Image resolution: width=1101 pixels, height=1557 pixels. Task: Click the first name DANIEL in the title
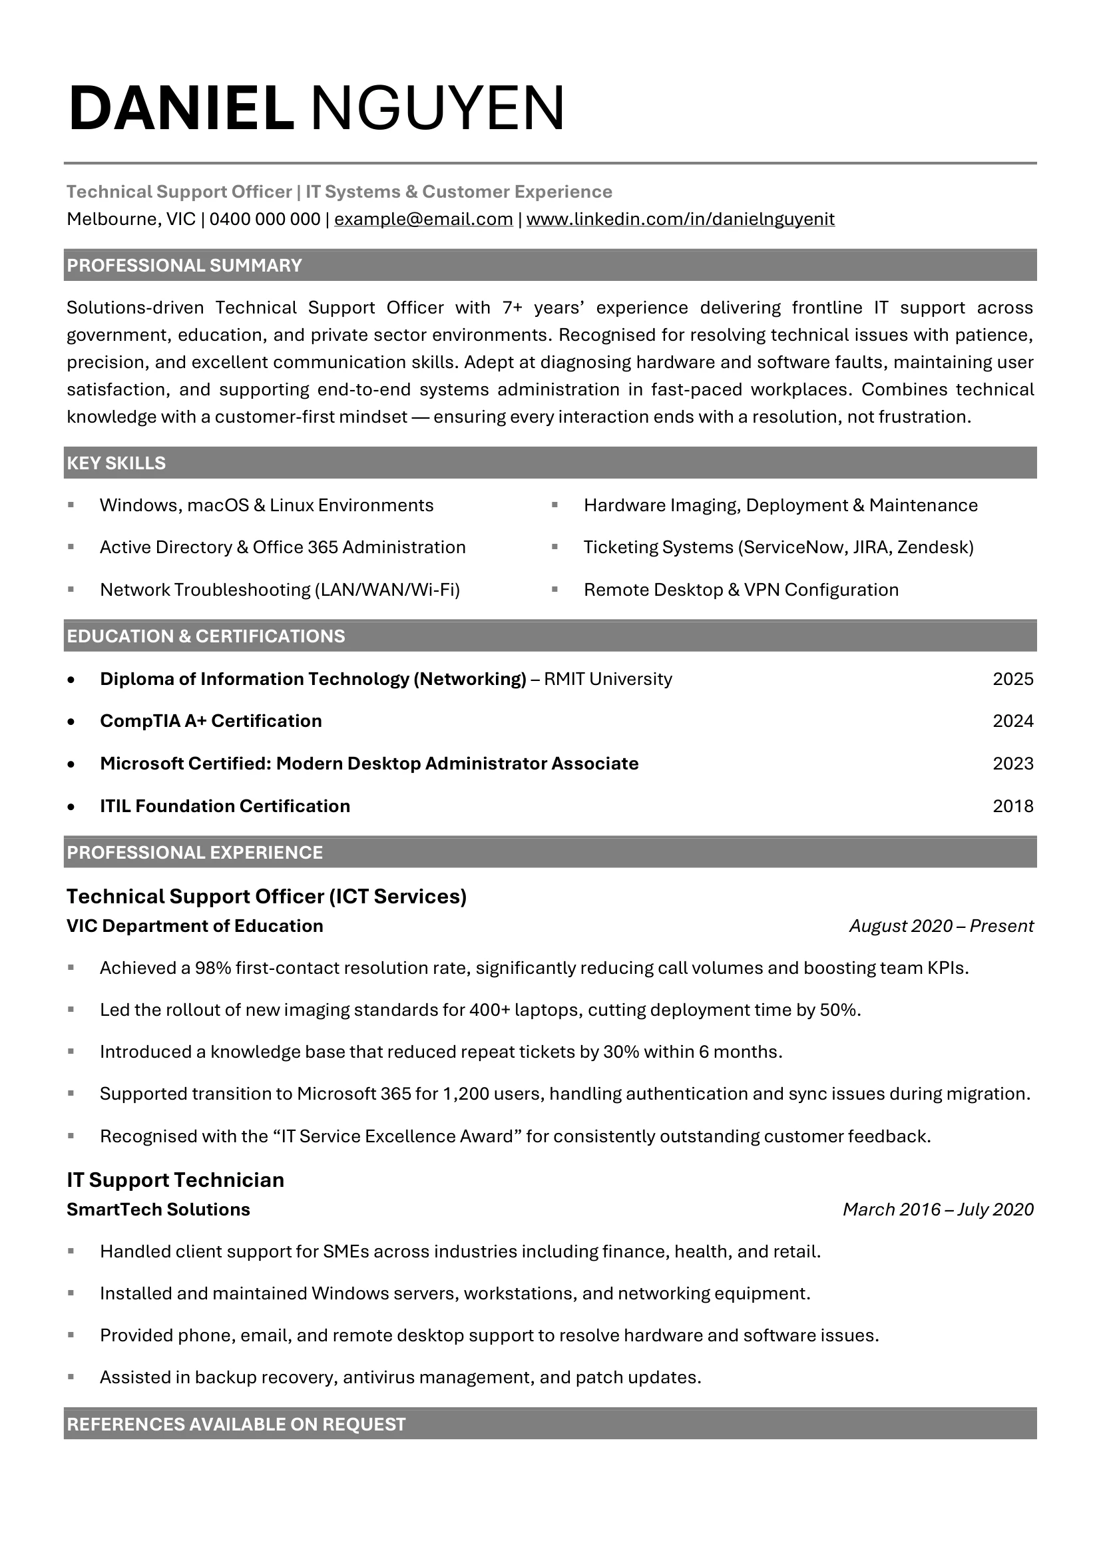coord(181,109)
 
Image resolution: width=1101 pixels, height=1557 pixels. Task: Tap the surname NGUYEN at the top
coord(437,109)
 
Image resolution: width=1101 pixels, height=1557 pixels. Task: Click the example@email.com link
coord(423,219)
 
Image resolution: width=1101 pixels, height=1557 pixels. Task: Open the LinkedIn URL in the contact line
coord(680,219)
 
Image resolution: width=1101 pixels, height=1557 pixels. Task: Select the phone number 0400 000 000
coord(264,219)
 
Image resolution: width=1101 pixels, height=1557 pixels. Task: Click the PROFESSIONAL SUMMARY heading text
coord(184,265)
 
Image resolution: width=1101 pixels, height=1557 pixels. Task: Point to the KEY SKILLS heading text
coord(116,463)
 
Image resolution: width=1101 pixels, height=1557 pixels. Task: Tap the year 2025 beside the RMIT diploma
coord(1013,679)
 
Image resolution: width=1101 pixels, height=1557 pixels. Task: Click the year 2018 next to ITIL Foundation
coord(1013,805)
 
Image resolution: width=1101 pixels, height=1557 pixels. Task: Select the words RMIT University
coord(608,679)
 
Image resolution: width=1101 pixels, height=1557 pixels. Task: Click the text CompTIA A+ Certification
coord(211,721)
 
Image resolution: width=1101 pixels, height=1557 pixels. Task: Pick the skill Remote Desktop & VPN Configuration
coord(741,589)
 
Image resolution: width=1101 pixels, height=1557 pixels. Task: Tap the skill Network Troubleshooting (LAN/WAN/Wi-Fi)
coord(280,589)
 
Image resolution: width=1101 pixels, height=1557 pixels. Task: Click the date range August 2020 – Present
coord(941,926)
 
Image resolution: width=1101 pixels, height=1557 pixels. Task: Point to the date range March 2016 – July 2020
coord(938,1209)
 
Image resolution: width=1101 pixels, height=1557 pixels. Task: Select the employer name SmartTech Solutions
coord(158,1209)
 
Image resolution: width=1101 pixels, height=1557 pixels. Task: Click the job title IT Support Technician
coord(175,1180)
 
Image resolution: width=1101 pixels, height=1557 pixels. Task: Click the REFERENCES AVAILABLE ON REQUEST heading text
coord(236,1424)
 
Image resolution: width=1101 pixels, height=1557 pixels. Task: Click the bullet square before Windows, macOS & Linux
coord(71,505)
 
